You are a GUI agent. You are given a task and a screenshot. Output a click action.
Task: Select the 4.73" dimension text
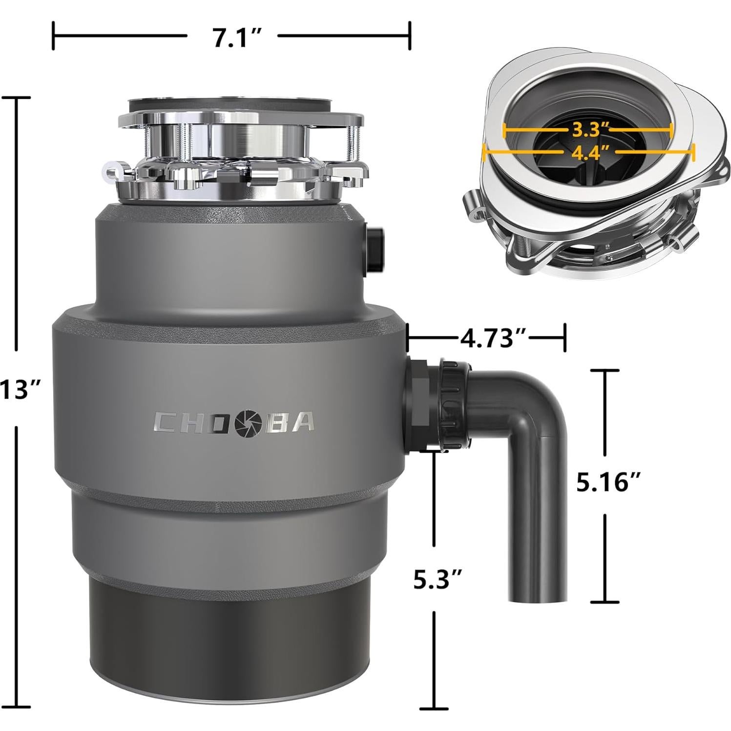pyautogui.click(x=492, y=338)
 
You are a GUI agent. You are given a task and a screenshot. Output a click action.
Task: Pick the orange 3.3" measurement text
pyautogui.click(x=590, y=130)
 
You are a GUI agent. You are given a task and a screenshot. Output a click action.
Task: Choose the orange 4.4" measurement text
pyautogui.click(x=590, y=153)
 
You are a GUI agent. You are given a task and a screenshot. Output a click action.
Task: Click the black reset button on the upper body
pyautogui.click(x=375, y=249)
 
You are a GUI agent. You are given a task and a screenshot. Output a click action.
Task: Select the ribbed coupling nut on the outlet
pyautogui.click(x=453, y=403)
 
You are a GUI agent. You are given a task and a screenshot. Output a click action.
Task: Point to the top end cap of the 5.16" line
pyautogui.click(x=606, y=371)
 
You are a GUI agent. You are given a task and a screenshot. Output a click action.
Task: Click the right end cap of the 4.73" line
pyautogui.click(x=565, y=337)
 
